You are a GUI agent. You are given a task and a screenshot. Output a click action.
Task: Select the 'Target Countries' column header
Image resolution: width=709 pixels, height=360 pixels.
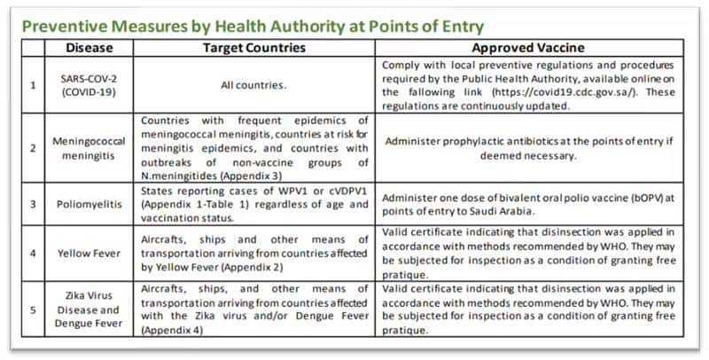coord(253,48)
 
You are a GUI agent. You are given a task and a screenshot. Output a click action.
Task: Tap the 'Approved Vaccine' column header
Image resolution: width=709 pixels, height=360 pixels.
coord(527,48)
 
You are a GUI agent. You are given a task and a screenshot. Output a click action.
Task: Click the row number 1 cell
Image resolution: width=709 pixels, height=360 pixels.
coord(35,86)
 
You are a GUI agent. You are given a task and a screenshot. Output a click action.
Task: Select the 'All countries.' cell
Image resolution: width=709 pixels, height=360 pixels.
coord(253,86)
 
